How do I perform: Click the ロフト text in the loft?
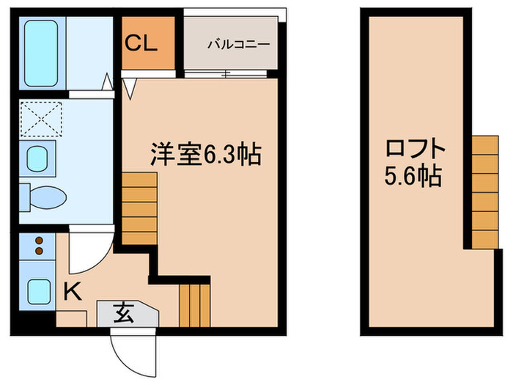click(x=416, y=150)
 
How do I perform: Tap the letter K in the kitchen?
click(x=71, y=293)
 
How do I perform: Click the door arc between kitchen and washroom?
click(x=86, y=253)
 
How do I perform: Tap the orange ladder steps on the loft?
click(x=484, y=191)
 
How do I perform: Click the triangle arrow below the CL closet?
click(x=130, y=89)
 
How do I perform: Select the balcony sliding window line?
click(x=229, y=73)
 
